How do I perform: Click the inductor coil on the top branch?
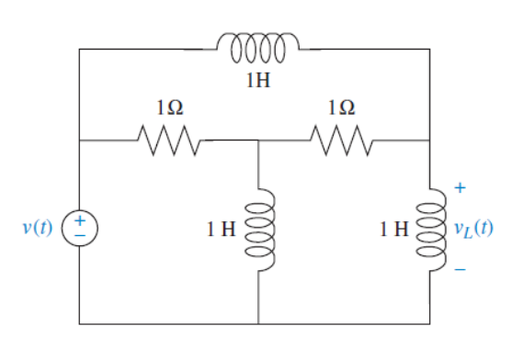tap(257, 46)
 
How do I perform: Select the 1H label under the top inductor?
tap(258, 81)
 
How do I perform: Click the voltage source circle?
tap(79, 227)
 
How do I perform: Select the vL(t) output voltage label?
tap(472, 228)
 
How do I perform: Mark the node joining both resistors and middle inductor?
tap(258, 141)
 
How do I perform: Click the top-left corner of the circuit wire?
tap(80, 49)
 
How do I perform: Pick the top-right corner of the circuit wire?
tap(429, 49)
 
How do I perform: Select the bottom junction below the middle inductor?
tap(258, 323)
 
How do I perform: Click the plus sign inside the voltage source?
tap(80, 220)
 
